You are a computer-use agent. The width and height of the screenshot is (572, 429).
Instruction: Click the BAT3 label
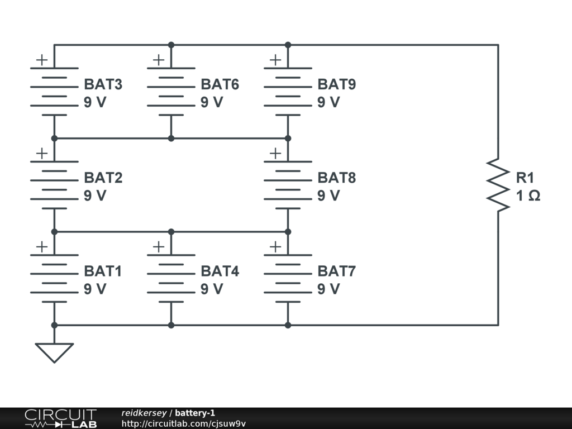pyautogui.click(x=103, y=85)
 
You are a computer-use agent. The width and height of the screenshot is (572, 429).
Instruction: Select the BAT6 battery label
pyautogui.click(x=220, y=85)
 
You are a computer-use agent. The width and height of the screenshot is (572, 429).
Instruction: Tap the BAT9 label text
pyautogui.click(x=336, y=85)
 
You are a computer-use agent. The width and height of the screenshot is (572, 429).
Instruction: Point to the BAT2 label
pyautogui.click(x=103, y=178)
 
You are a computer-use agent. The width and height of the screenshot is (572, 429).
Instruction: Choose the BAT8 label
pyautogui.click(x=336, y=178)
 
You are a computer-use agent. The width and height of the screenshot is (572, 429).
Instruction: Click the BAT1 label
pyautogui.click(x=103, y=271)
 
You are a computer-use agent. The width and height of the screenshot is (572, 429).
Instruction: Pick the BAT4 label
pyautogui.click(x=220, y=271)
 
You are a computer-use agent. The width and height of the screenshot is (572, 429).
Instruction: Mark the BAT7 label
pyautogui.click(x=336, y=271)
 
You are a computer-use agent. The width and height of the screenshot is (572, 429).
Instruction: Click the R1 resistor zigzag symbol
pyautogui.click(x=498, y=185)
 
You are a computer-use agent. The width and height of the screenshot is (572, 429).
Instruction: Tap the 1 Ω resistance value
pyautogui.click(x=528, y=196)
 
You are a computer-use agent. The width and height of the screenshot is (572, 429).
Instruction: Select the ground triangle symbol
pyautogui.click(x=54, y=352)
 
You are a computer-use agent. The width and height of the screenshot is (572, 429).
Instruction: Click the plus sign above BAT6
pyautogui.click(x=159, y=60)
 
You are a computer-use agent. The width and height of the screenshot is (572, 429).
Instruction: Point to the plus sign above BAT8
pyautogui.click(x=275, y=153)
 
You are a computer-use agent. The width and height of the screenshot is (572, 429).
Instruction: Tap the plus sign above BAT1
pyautogui.click(x=42, y=246)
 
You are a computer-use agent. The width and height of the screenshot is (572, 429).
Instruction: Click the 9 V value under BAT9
pyautogui.click(x=328, y=103)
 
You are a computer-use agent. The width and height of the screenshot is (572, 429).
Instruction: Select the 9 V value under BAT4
pyautogui.click(x=212, y=289)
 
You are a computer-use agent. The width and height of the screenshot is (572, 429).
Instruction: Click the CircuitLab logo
pyautogui.click(x=60, y=418)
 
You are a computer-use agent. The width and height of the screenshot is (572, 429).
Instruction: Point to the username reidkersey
pyautogui.click(x=144, y=413)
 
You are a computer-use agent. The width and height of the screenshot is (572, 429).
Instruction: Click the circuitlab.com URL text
pyautogui.click(x=183, y=423)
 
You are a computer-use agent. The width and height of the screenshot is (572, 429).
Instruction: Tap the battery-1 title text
pyautogui.click(x=195, y=413)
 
